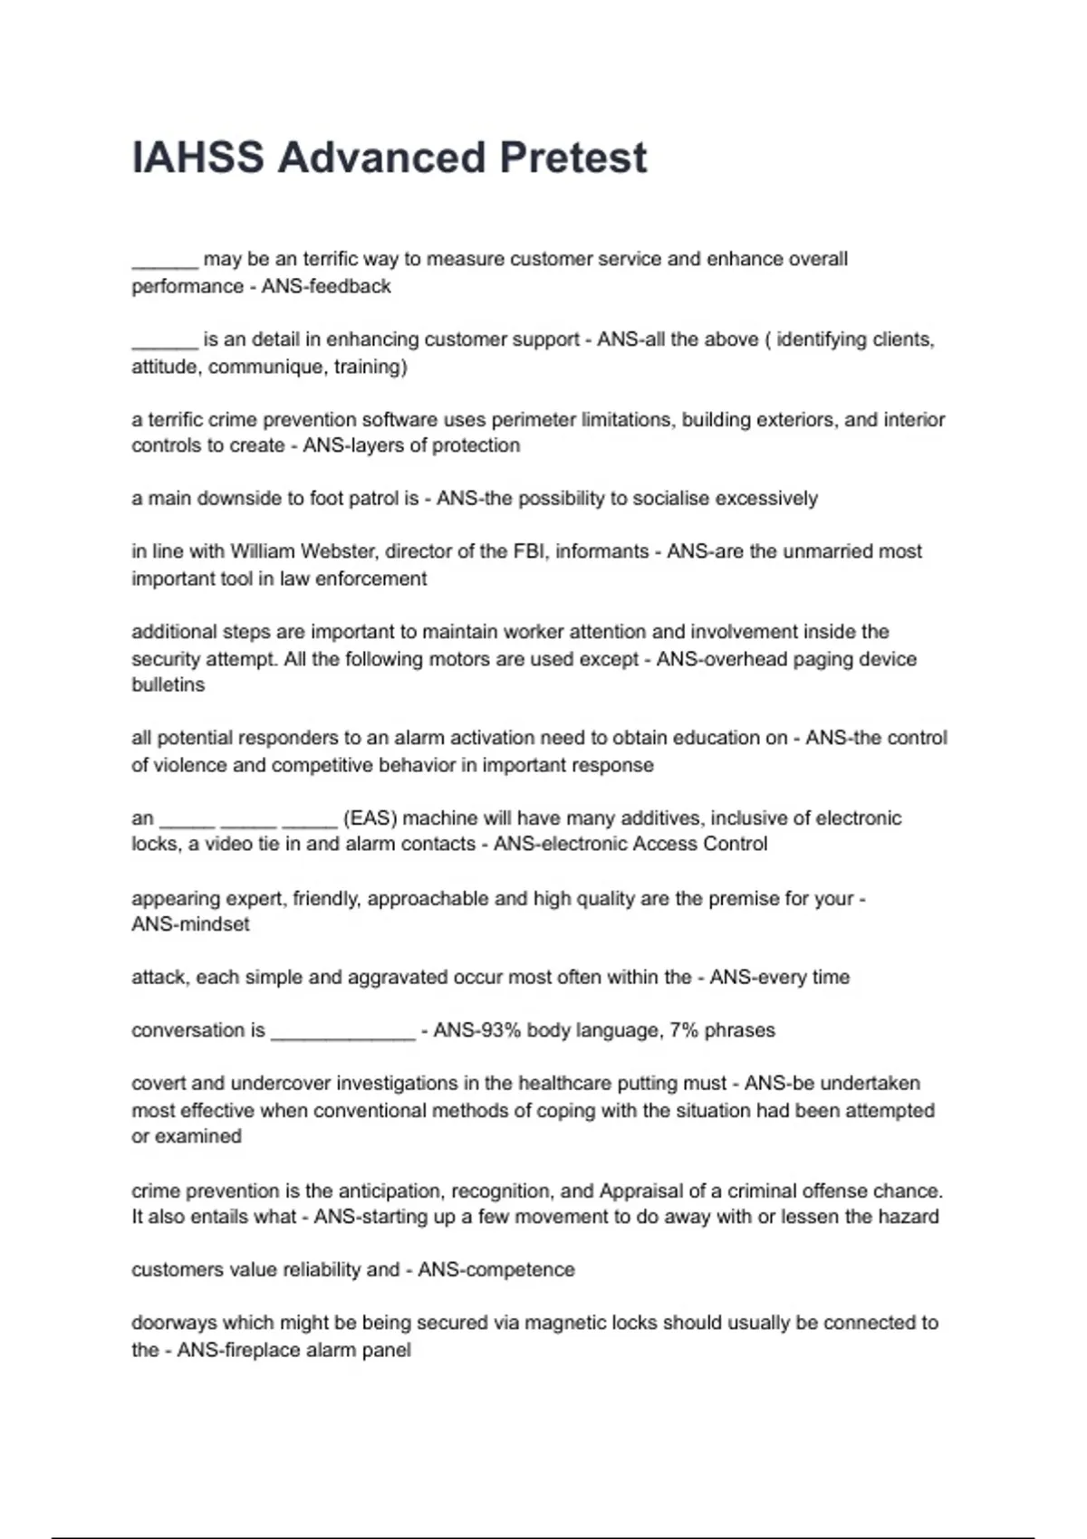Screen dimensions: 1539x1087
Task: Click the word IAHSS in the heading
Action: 198,158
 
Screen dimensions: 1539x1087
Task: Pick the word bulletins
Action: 168,684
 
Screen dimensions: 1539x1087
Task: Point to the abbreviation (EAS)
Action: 370,818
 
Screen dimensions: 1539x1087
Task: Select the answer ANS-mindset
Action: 190,924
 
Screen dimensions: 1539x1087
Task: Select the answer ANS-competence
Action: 495,1269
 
